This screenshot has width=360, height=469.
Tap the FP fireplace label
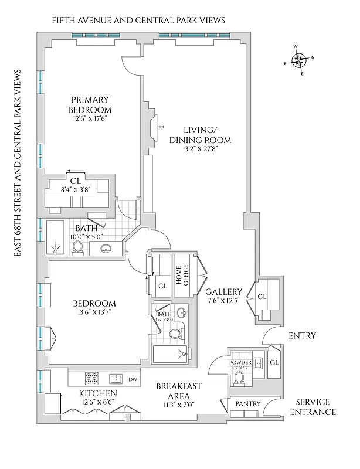point(161,127)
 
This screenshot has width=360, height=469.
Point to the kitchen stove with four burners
point(92,378)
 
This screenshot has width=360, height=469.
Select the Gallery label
point(224,291)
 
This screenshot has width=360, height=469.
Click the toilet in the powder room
point(238,378)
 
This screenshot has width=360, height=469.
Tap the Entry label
point(303,336)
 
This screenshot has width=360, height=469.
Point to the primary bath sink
point(107,249)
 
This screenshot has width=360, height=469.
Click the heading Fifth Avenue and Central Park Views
point(138,21)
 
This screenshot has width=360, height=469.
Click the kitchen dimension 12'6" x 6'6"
point(91,402)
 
